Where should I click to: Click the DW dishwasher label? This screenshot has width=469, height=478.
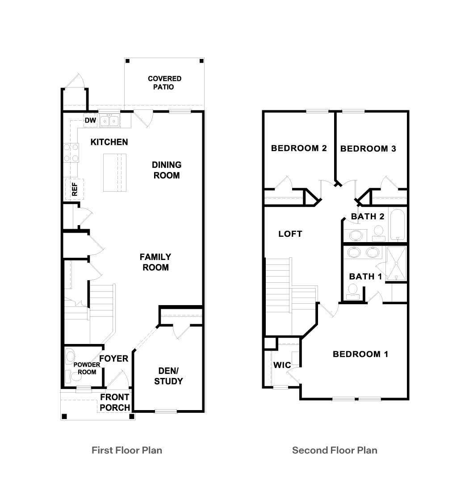[90, 120]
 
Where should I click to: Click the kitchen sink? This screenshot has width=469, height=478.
[109, 120]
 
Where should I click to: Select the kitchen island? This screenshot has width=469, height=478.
[115, 172]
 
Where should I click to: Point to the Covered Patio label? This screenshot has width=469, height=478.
[164, 83]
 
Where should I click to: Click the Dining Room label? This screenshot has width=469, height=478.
[167, 170]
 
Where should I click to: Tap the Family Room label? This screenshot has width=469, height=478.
[155, 262]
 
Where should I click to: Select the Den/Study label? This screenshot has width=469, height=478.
[168, 376]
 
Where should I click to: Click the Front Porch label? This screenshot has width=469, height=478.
[115, 402]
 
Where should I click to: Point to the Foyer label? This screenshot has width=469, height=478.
[113, 359]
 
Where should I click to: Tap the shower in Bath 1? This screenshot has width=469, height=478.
[396, 264]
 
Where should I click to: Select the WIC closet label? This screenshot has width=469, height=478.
[282, 365]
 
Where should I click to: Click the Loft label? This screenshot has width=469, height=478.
[290, 234]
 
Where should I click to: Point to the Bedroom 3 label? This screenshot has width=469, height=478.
[368, 149]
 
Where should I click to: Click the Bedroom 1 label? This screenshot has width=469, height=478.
[360, 354]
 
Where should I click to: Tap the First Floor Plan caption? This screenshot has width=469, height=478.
[127, 450]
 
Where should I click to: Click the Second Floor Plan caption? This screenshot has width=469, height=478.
[335, 450]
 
